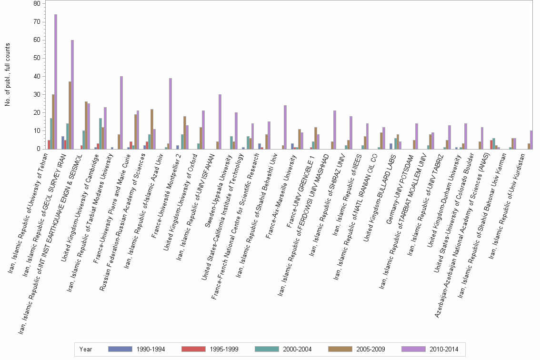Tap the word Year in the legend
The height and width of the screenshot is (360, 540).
86,349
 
